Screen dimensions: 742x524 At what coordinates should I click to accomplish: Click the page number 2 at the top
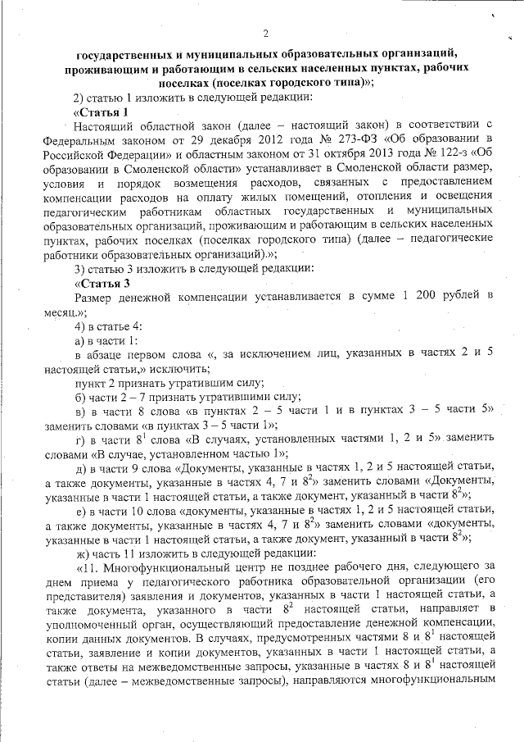[x=266, y=33]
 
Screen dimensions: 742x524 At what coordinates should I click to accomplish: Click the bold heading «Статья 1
[x=101, y=112]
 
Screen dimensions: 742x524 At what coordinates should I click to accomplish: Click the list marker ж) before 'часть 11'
[x=81, y=552]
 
